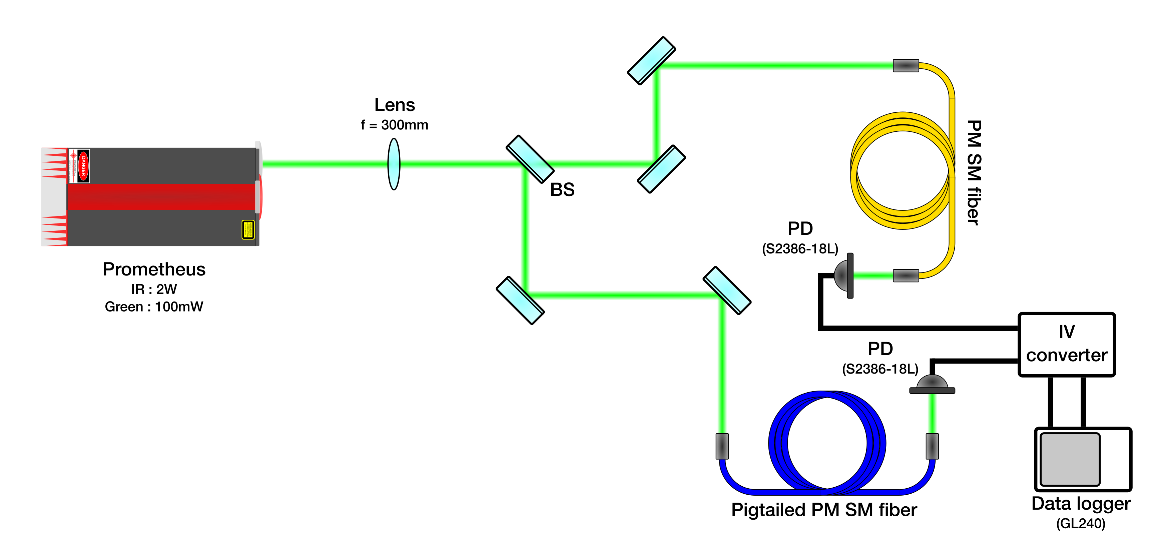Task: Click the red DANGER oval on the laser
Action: [83, 166]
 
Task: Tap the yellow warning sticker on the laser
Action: [248, 230]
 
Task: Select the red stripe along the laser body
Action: [160, 197]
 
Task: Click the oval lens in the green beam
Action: [394, 164]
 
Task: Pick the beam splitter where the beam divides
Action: [530, 159]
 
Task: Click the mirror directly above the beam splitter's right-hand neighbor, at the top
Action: [651, 60]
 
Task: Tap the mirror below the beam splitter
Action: [520, 300]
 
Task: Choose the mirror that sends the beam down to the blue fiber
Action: [727, 290]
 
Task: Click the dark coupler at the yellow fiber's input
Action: [906, 66]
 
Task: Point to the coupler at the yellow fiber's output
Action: [906, 275]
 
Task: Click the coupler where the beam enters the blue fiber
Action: [722, 446]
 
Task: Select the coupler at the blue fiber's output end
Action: [932, 446]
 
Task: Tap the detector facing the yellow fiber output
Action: [844, 275]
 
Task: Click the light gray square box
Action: [1070, 459]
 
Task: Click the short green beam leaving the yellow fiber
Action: [873, 275]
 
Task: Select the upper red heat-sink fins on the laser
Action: [54, 163]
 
